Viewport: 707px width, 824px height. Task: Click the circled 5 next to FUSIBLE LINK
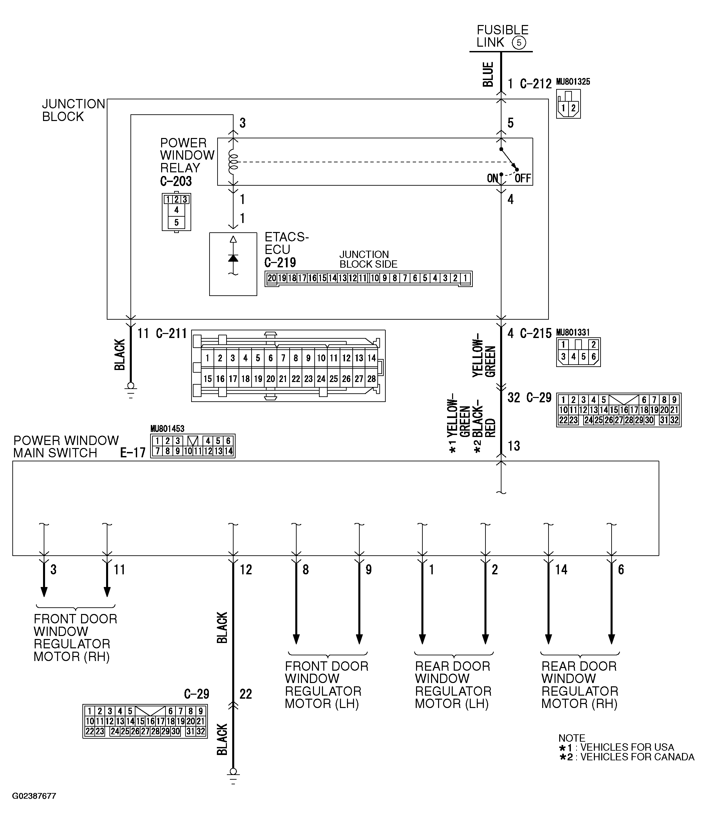point(519,43)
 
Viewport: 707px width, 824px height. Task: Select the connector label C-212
point(536,84)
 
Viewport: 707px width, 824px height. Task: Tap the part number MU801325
point(573,82)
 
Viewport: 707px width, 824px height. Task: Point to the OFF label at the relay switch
point(523,178)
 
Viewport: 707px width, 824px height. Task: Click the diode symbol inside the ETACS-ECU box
point(233,258)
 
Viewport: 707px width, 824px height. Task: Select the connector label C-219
point(280,262)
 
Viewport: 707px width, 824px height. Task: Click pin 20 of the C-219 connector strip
point(272,278)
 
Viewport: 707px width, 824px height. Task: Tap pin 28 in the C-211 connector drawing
point(371,379)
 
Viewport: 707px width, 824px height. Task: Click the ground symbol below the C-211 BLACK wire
point(130,387)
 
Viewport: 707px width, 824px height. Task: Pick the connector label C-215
point(536,333)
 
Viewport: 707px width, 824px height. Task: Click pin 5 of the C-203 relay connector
point(176,222)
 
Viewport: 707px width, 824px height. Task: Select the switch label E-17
point(132,453)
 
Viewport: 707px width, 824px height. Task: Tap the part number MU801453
point(167,429)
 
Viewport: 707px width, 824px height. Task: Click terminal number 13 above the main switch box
point(513,446)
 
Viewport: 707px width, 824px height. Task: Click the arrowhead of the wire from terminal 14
point(548,639)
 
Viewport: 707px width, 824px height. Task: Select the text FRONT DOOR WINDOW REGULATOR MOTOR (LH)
point(326,684)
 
